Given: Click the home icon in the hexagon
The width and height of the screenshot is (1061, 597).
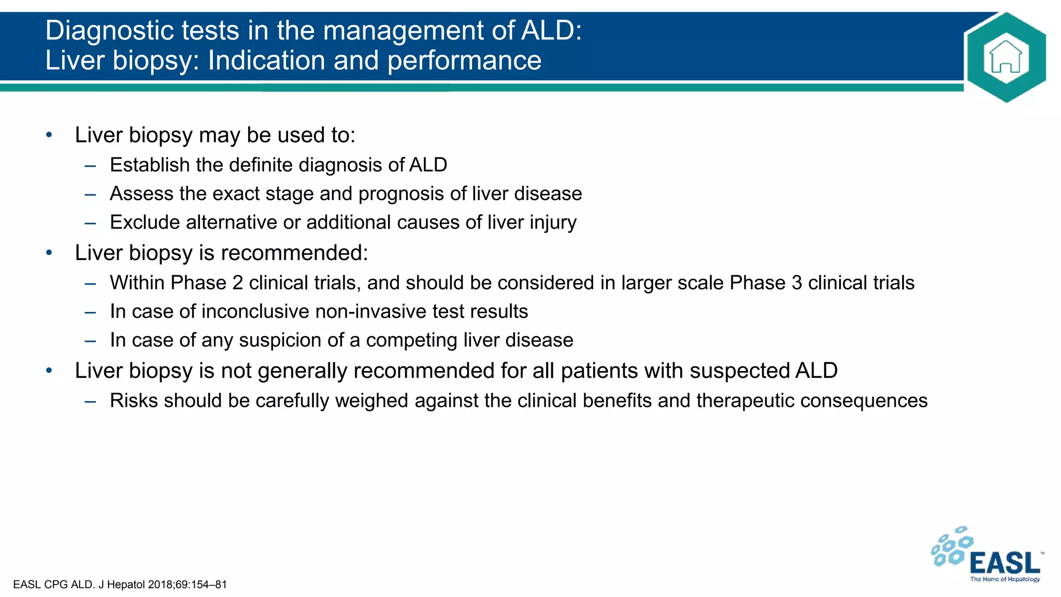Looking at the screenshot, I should pyautogui.click(x=1006, y=57).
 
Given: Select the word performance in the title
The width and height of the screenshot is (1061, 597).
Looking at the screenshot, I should pyautogui.click(x=464, y=61).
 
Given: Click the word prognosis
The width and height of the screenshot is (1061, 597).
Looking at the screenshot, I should pyautogui.click(x=401, y=194).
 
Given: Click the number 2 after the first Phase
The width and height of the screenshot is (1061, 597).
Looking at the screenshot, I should pyautogui.click(x=237, y=283).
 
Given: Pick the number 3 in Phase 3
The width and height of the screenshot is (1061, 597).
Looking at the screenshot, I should pyautogui.click(x=796, y=283).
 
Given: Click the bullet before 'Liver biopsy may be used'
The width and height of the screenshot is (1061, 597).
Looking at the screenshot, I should pyautogui.click(x=49, y=135).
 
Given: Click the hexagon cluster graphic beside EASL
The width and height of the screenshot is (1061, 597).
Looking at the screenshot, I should pyautogui.click(x=951, y=547).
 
